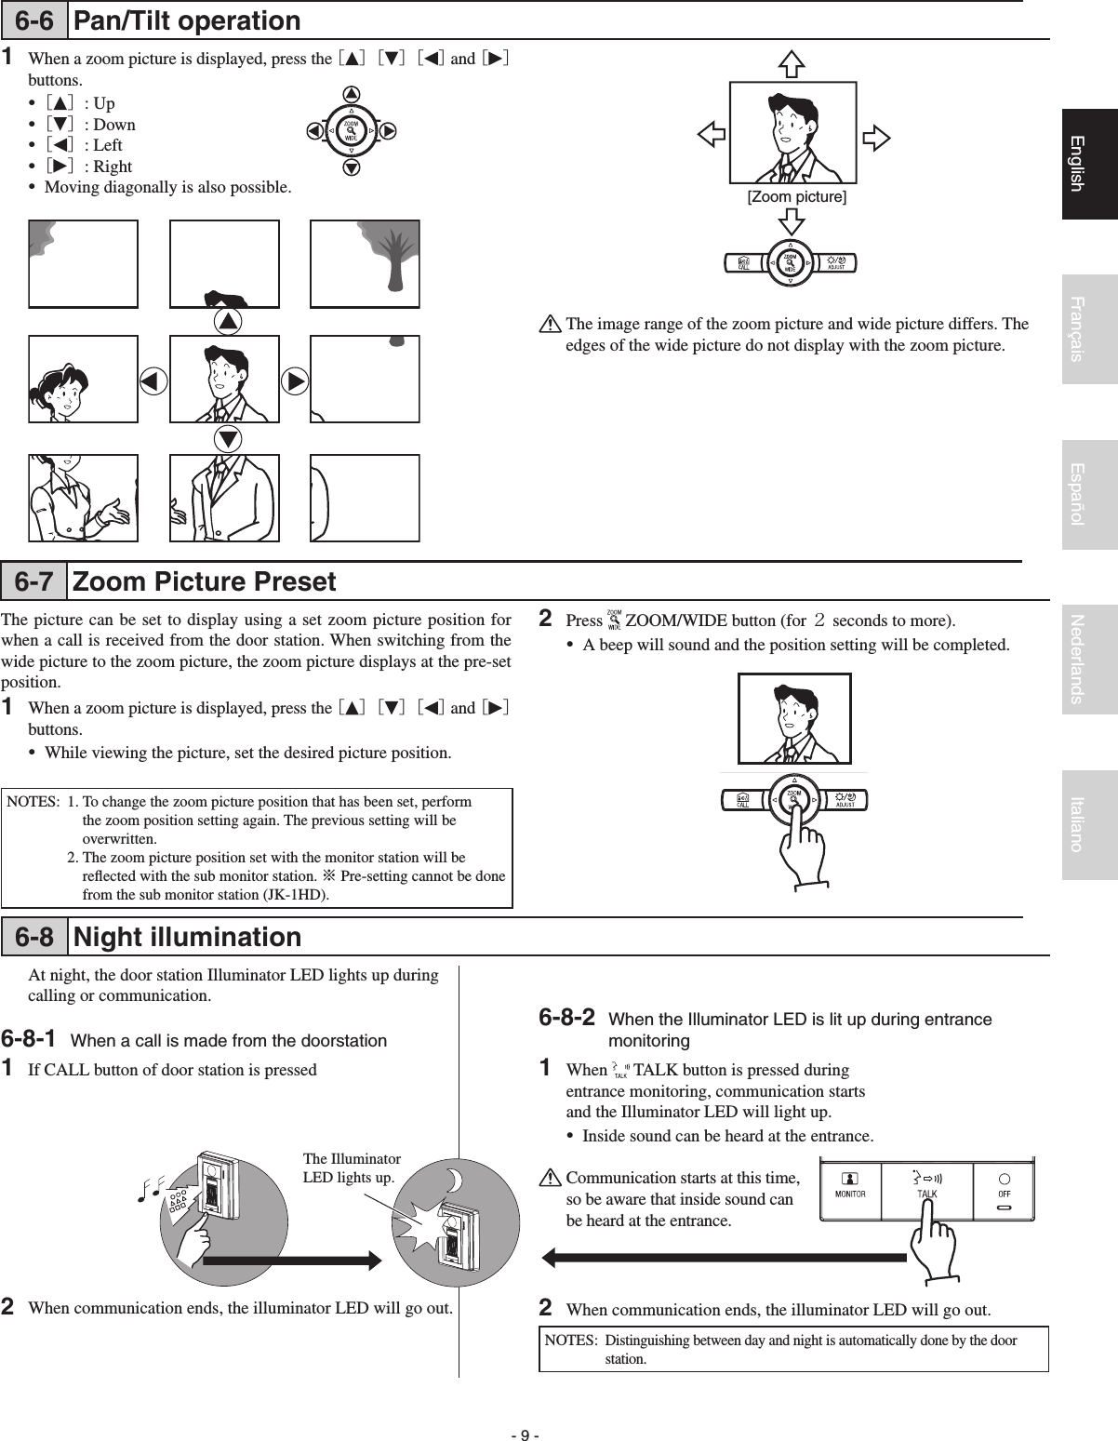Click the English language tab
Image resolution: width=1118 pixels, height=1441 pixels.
[1089, 164]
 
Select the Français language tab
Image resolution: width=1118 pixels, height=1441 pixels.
[1089, 328]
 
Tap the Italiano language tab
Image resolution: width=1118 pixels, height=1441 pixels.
[1089, 824]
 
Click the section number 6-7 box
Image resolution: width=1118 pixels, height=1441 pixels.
[34, 582]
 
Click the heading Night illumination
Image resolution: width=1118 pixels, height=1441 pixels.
[187, 937]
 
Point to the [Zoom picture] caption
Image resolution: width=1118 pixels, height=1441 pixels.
[797, 197]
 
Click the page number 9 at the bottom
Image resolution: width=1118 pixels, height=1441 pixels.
[526, 1408]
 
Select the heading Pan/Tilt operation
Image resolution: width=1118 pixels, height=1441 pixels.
[187, 20]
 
